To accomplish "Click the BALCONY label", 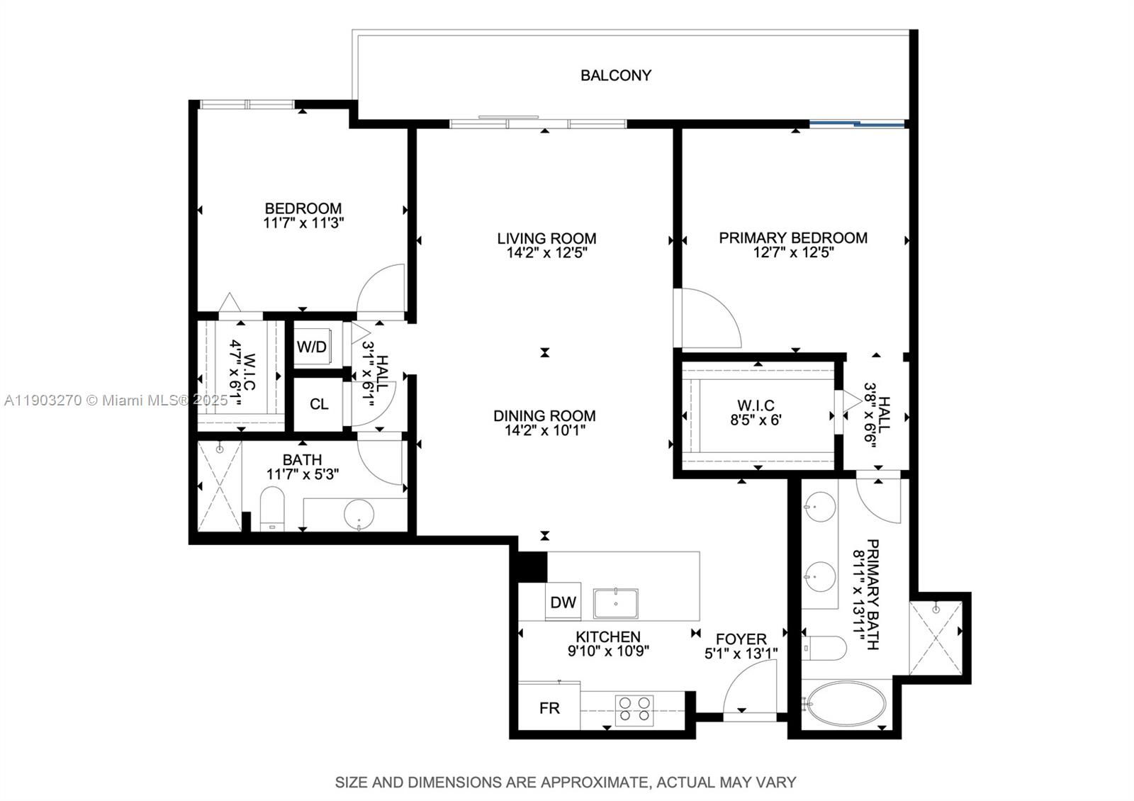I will click(615, 75).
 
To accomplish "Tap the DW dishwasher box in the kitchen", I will click(563, 603).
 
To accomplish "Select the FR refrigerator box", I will click(549, 707).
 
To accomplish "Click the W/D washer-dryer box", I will click(312, 347).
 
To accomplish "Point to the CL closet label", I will click(319, 404).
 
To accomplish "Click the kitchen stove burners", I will click(634, 709).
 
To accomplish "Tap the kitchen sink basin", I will click(616, 603).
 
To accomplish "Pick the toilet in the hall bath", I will click(271, 507).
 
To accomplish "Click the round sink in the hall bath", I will click(359, 514).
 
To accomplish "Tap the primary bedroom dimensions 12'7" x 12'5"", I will click(793, 252).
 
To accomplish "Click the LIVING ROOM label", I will click(546, 238).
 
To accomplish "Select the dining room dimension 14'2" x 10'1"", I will click(544, 430).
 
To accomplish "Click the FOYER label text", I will click(741, 639).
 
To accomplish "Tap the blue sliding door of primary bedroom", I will click(858, 125).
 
